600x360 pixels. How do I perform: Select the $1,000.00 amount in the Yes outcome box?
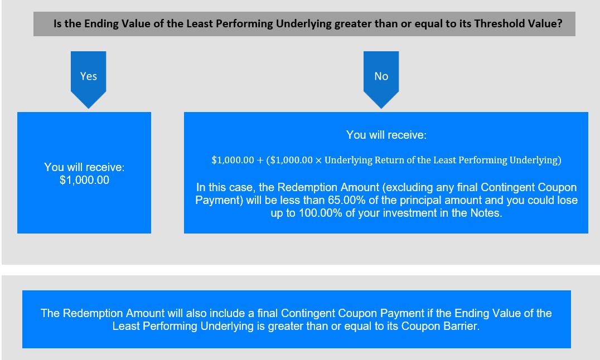tap(85, 180)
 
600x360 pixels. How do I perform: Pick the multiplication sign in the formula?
tap(318, 160)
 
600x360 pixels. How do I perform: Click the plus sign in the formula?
tap(260, 160)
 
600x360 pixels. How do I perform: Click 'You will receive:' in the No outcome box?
tap(386, 135)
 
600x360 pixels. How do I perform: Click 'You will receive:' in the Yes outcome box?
tap(84, 167)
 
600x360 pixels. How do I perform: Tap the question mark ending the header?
tap(560, 24)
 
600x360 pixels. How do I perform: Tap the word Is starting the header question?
tap(57, 24)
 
